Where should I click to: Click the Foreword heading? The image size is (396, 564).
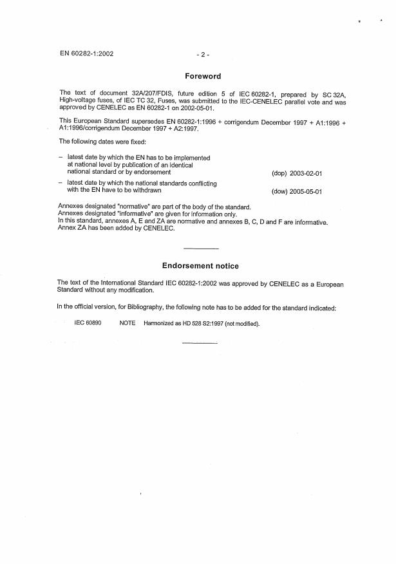tap(203, 76)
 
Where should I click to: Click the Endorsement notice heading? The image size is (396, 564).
tap(200, 266)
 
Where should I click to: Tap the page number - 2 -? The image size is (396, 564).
tap(203, 54)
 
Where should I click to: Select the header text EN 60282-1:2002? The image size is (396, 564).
tap(86, 53)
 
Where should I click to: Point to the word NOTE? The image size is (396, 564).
tap(127, 323)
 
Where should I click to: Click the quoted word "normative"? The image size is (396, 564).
tap(132, 207)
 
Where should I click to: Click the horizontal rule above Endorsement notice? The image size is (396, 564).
tap(201, 249)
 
